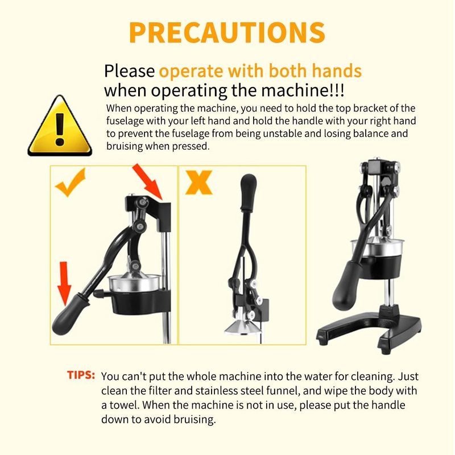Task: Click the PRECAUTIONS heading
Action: coord(227,32)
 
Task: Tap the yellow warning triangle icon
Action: coord(60,126)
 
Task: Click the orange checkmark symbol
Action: coord(71,183)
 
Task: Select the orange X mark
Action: coord(199,182)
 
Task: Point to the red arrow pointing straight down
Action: coord(64,283)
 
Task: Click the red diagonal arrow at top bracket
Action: coord(147,181)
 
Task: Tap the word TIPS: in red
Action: coord(81,375)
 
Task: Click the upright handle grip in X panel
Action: coord(249,192)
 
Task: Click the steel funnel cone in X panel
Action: coord(243,326)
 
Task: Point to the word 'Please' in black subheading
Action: coord(130,71)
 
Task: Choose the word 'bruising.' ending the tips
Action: coord(195,420)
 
